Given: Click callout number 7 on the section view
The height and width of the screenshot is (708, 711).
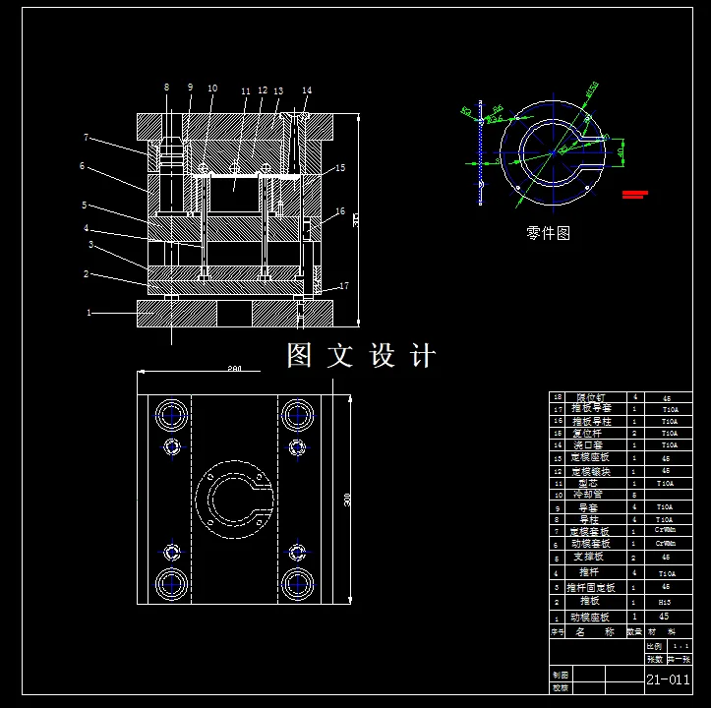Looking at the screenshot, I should click(87, 138).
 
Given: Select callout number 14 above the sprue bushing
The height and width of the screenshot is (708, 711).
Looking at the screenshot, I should click(307, 91).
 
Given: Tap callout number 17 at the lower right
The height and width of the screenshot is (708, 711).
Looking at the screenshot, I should click(343, 286).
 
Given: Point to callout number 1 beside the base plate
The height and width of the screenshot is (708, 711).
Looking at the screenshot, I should click(89, 313).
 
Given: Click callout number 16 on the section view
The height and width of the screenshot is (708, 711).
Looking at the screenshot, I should click(339, 211).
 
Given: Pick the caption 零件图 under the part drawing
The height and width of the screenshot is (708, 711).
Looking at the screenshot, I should click(548, 233).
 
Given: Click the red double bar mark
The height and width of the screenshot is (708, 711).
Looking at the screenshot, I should click(634, 194).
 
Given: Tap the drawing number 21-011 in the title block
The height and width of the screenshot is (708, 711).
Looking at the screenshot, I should click(667, 679).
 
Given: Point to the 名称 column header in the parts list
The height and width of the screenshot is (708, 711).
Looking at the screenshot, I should click(595, 632).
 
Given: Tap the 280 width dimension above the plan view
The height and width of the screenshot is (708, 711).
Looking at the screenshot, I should click(234, 369).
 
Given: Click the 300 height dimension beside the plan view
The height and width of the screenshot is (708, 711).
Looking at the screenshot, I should click(347, 499).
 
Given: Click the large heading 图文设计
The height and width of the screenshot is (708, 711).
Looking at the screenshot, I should click(360, 355).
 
